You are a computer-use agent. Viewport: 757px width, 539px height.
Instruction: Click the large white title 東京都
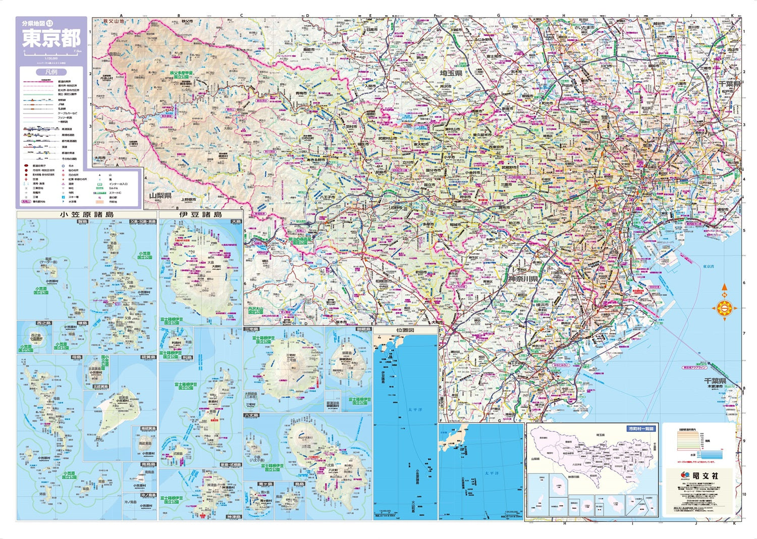(x=50, y=39)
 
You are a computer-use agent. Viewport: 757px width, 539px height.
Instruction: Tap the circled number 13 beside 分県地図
(x=49, y=23)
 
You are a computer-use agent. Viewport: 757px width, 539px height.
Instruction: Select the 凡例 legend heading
(x=50, y=72)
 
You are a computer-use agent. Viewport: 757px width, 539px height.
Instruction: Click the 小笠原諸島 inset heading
(x=86, y=214)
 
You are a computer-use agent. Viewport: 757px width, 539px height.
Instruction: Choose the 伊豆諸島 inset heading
(x=200, y=214)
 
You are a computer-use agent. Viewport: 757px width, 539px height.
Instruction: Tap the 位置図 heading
(x=405, y=331)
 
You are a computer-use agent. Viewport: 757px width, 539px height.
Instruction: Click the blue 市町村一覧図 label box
(x=641, y=428)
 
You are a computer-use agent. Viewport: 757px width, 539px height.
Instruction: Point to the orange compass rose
(x=724, y=307)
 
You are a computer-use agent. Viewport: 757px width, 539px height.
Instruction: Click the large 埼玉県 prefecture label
(x=451, y=74)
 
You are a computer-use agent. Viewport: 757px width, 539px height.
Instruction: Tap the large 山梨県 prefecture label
(x=160, y=195)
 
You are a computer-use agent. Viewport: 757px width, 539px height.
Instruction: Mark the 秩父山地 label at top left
(x=113, y=21)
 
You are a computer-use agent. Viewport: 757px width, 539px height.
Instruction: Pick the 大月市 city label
(x=99, y=158)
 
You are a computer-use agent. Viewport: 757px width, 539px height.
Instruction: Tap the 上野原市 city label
(x=188, y=199)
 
